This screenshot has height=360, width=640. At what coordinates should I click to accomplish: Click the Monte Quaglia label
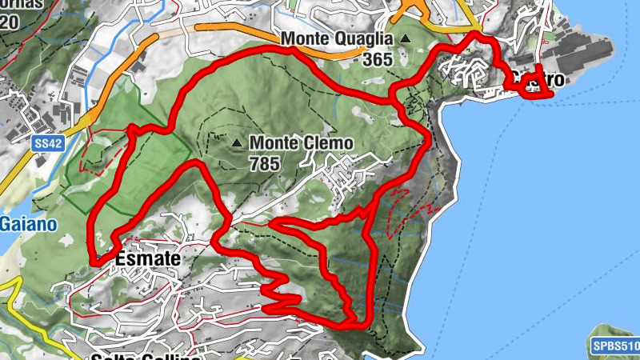pos(336,39)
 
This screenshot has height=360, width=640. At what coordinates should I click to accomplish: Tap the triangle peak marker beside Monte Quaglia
pos(405,38)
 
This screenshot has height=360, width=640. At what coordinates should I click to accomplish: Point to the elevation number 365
pos(376,59)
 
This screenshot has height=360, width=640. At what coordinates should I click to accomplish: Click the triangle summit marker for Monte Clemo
pos(236,143)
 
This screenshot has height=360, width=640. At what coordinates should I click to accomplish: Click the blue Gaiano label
pos(29,224)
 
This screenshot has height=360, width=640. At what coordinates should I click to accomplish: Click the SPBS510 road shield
pos(615,346)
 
